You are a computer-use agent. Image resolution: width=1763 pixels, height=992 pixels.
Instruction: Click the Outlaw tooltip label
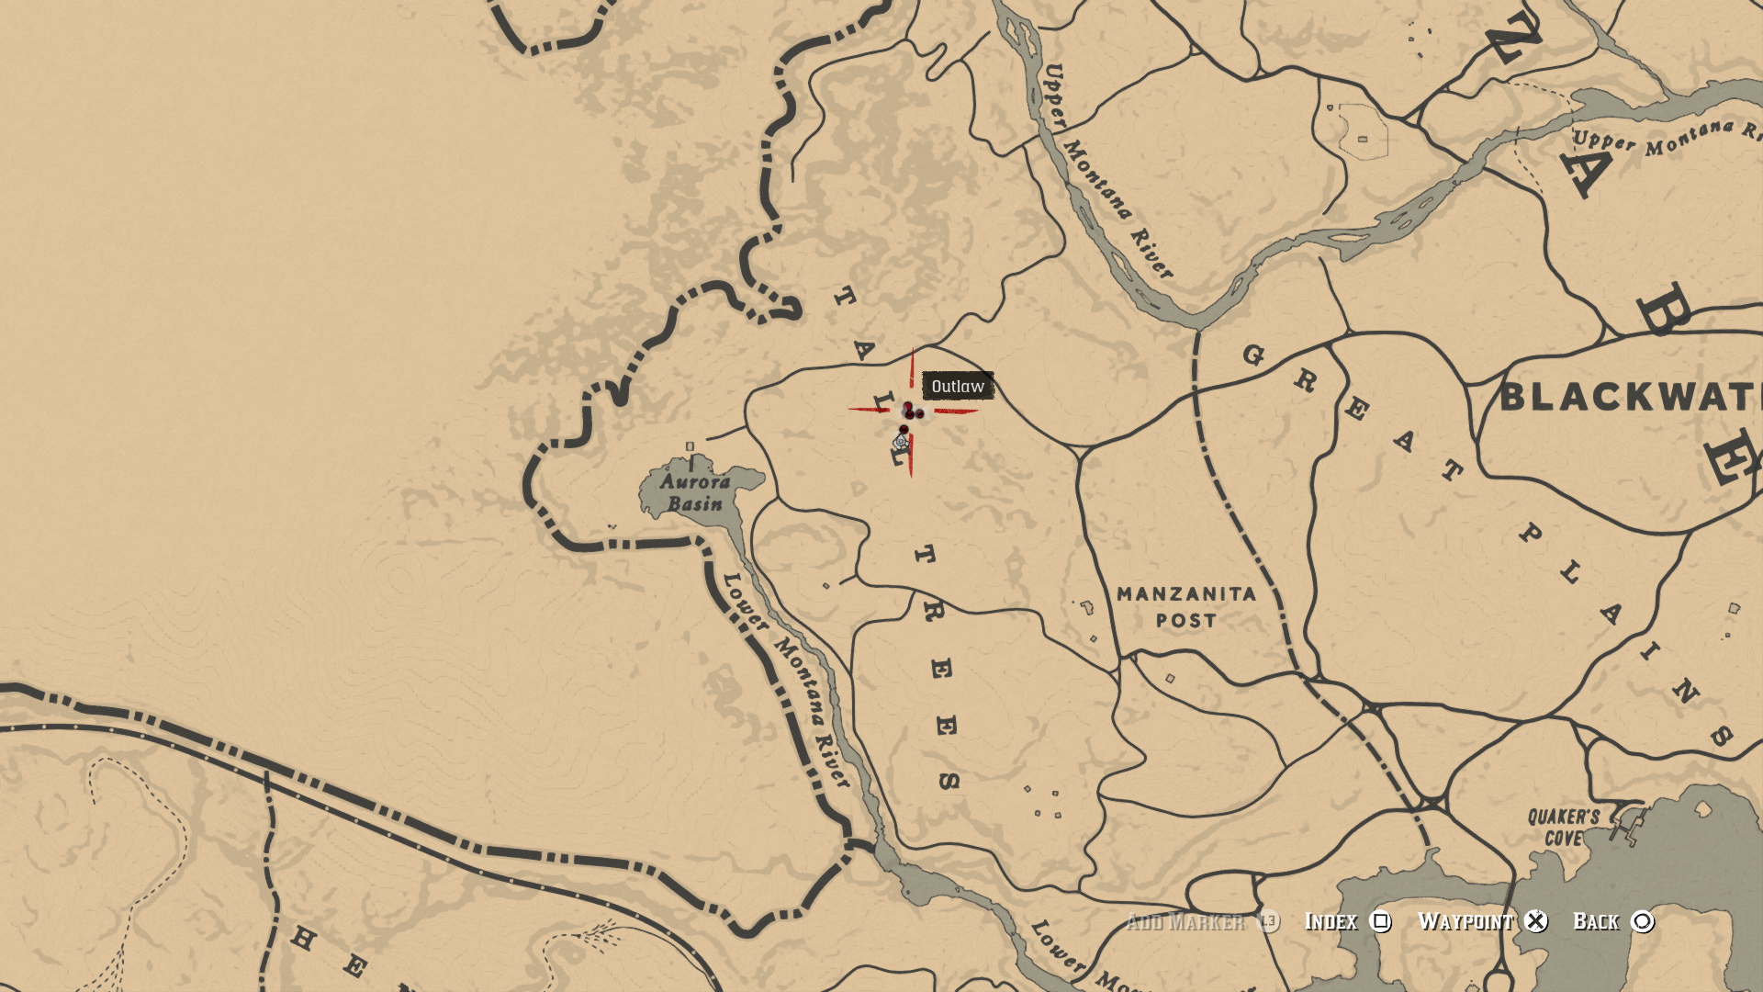coord(958,386)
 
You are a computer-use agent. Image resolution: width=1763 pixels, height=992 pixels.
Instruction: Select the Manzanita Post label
coord(1185,607)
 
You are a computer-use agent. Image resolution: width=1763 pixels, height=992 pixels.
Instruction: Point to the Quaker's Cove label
coord(1563,827)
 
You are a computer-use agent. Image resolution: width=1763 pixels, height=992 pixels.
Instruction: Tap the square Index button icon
coord(1380,921)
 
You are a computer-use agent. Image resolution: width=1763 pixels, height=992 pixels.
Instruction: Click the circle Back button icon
coord(1642,921)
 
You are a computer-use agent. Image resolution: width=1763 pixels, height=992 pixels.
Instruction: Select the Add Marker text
coord(1185,921)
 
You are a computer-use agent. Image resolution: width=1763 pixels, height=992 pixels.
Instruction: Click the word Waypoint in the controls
coord(1465,921)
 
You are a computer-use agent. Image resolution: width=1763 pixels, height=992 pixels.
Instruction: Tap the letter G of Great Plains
coord(1253,355)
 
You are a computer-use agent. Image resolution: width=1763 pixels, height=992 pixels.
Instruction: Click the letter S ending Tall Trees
coord(949,781)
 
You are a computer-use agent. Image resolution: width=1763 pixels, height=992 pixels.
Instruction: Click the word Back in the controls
coord(1596,921)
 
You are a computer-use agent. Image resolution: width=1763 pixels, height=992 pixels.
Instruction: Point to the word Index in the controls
coord(1331,921)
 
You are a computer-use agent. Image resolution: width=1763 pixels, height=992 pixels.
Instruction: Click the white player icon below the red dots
coord(901,443)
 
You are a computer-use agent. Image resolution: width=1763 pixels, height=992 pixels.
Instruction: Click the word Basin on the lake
coord(695,503)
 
